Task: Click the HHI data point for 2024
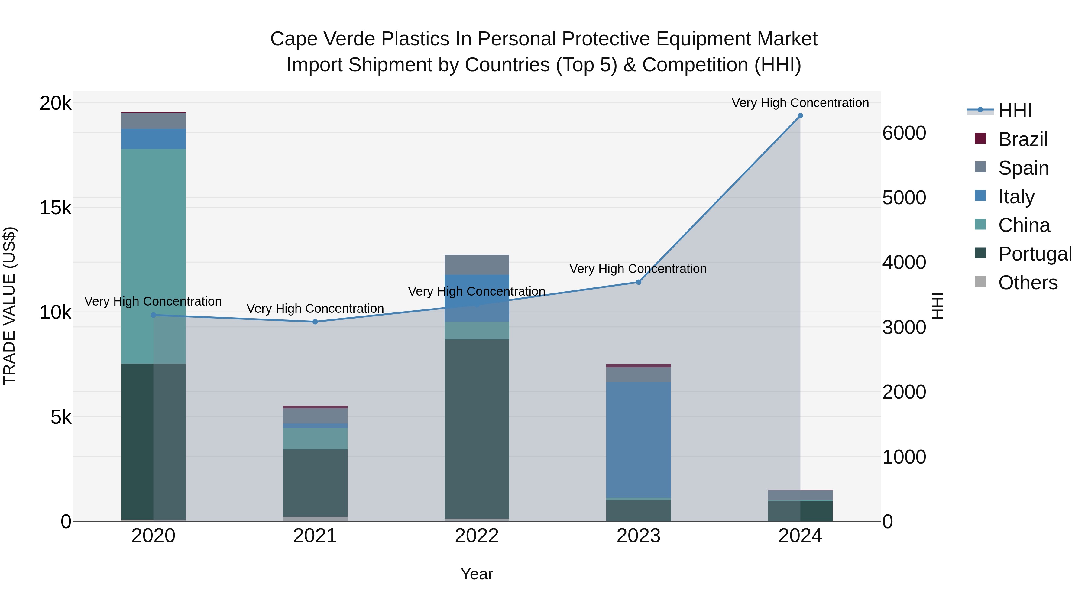800,116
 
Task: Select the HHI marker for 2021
315,322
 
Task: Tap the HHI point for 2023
639,282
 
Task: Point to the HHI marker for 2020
153,315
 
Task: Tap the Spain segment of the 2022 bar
477,265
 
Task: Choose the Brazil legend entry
1022,139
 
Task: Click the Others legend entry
1028,283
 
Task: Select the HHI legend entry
1015,111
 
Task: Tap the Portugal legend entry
1035,254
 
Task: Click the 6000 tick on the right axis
904,133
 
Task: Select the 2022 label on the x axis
477,536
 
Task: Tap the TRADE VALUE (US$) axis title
9,306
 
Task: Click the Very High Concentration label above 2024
800,103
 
